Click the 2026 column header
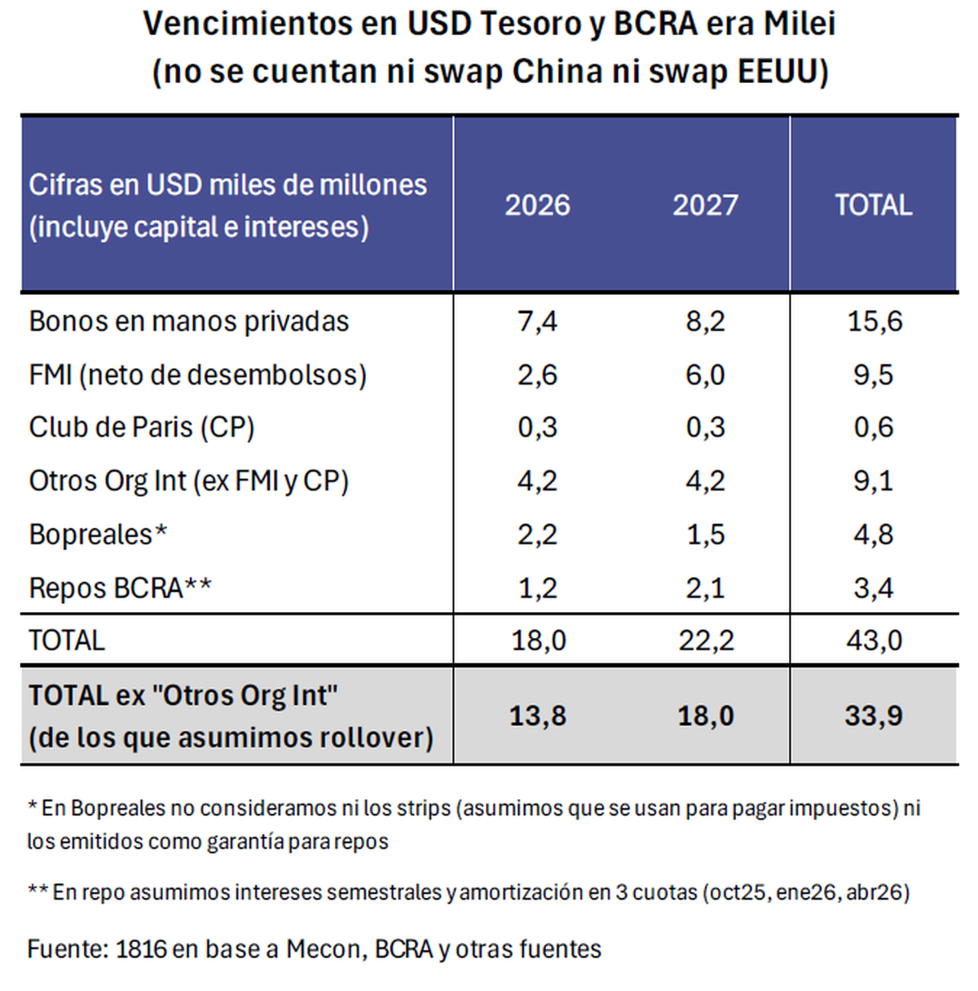click(537, 205)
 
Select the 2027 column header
click(705, 205)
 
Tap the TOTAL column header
click(873, 205)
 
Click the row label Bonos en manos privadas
click(189, 321)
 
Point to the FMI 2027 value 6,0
click(705, 375)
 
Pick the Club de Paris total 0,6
click(874, 428)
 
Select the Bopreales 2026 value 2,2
click(537, 535)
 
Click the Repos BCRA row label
click(120, 588)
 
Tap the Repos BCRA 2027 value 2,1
click(705, 588)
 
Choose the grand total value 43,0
click(874, 641)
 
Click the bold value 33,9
click(874, 716)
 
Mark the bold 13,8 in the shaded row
click(537, 716)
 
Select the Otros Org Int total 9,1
click(874, 481)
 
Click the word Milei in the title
click(800, 24)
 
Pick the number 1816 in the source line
click(143, 949)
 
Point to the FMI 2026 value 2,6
click(537, 375)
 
